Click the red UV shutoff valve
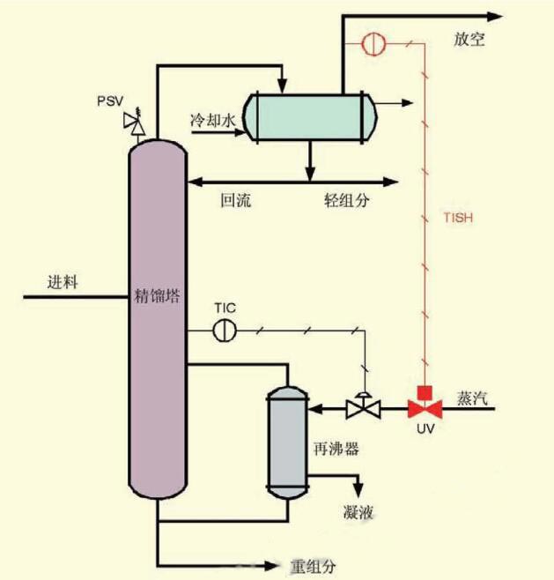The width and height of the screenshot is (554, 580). [x=425, y=407]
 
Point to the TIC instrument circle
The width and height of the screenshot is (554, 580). [x=225, y=330]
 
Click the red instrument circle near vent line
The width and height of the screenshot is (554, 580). [x=373, y=42]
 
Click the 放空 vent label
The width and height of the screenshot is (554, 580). [x=469, y=41]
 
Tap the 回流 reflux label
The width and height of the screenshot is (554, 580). [x=236, y=201]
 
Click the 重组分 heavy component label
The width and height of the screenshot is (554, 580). [x=313, y=564]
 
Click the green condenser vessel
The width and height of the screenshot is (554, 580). [x=309, y=115]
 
